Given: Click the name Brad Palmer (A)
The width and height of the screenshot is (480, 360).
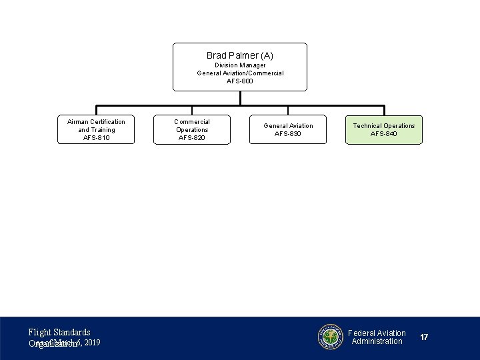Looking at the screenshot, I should click(240, 55).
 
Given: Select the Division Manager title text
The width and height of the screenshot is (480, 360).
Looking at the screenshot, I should click(240, 65).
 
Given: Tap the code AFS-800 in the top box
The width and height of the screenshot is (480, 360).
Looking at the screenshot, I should click(240, 81).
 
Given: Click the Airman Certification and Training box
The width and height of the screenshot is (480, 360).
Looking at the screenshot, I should click(96, 129).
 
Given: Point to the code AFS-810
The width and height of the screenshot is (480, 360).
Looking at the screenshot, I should click(96, 138).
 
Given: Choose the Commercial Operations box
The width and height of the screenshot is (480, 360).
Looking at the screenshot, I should click(192, 129).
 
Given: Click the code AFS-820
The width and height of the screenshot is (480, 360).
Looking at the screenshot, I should click(192, 138).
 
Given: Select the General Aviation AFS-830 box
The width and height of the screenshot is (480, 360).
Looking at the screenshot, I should click(288, 129).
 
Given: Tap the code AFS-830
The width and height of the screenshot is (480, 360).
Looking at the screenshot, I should click(288, 134).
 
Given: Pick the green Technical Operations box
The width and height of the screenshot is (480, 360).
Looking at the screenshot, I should click(384, 129).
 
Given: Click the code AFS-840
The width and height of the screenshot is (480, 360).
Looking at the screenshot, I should click(384, 134).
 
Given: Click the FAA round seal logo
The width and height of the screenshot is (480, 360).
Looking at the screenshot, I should click(330, 337).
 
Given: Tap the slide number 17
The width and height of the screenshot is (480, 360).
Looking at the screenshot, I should click(424, 337).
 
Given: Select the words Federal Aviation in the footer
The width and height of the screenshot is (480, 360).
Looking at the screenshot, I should click(377, 333).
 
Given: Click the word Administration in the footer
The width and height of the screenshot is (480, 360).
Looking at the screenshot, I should click(377, 341).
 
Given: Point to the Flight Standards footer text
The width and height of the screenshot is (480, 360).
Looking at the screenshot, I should click(59, 332).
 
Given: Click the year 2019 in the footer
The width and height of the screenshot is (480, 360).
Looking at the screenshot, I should click(93, 343).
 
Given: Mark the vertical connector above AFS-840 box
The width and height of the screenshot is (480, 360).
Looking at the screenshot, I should click(384, 110).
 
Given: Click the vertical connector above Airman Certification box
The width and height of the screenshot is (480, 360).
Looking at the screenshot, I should click(97, 110).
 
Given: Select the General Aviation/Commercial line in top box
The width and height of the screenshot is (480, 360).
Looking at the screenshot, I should click(240, 73).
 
